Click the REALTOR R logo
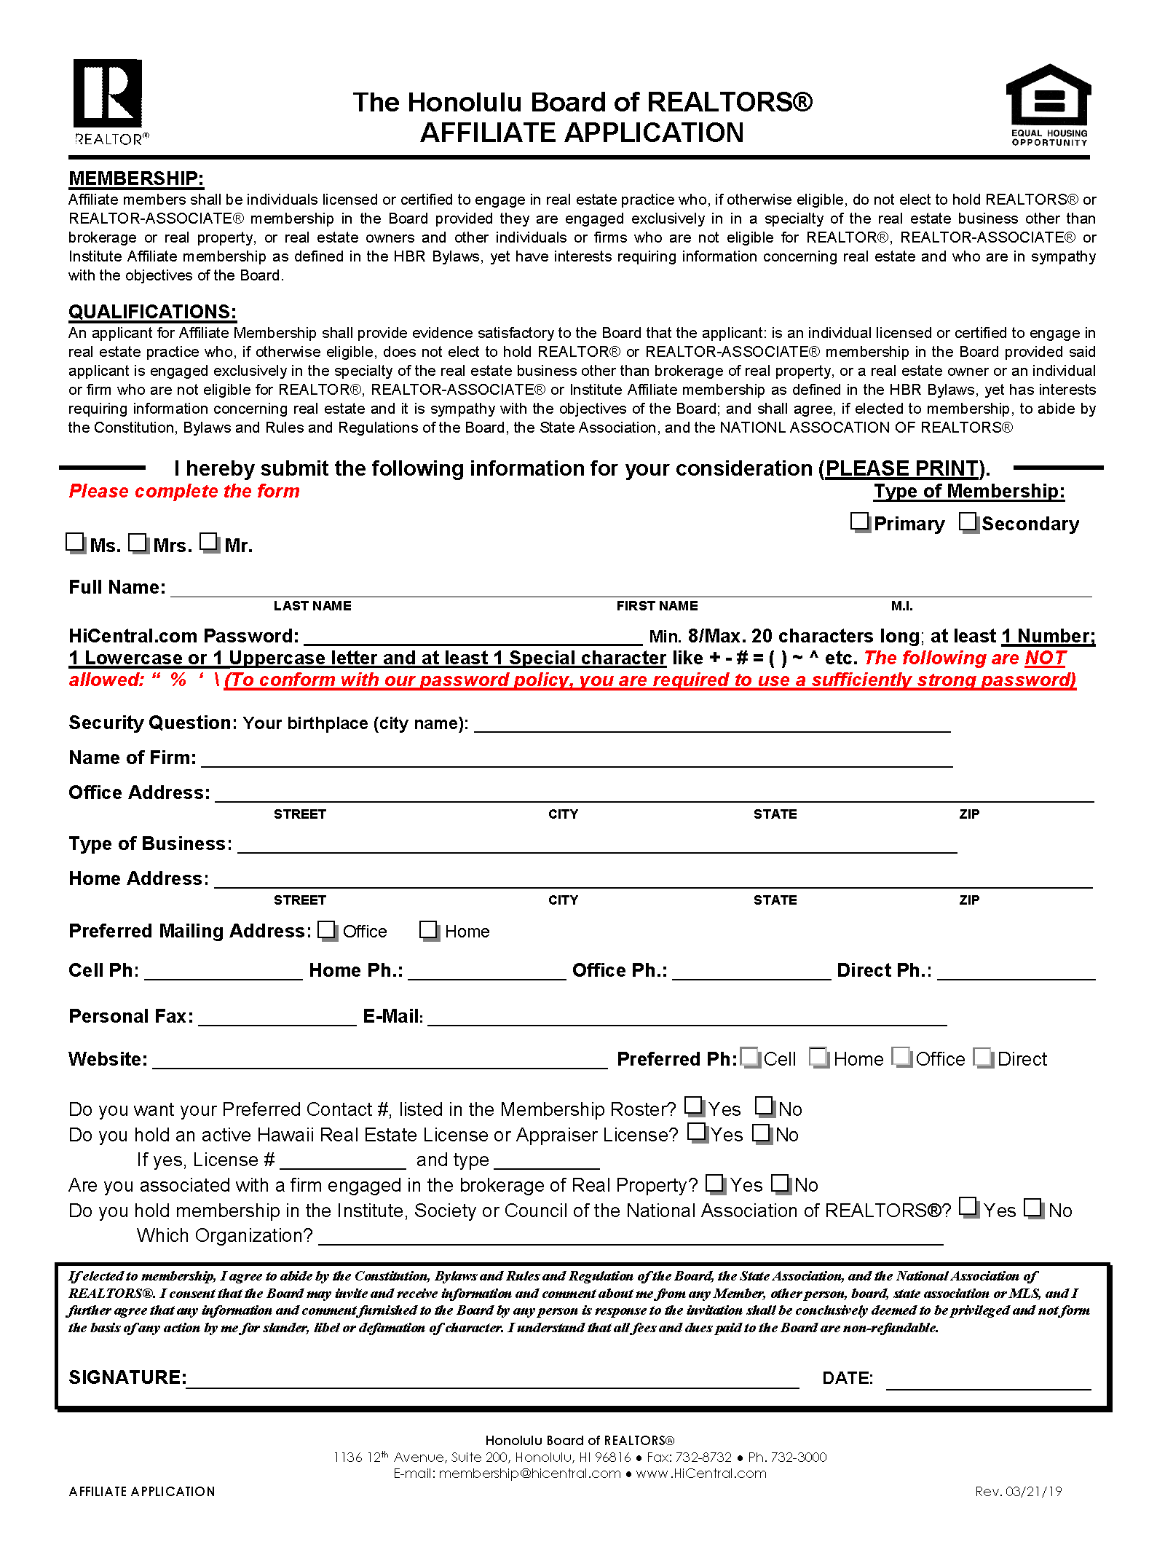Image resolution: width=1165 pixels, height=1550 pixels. tap(108, 94)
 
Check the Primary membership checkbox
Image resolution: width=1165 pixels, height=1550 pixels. tap(860, 522)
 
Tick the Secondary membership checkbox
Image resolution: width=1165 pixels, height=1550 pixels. tap(968, 522)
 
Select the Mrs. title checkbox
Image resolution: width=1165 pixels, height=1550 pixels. tap(138, 543)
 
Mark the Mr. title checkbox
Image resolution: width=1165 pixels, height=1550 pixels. tap(209, 543)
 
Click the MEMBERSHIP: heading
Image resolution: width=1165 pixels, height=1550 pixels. tap(136, 178)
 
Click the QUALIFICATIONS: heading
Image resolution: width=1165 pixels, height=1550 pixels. tap(152, 312)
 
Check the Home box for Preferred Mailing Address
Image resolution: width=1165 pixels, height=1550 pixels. tap(429, 930)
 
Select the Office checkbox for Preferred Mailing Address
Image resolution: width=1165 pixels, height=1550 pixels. tap(327, 930)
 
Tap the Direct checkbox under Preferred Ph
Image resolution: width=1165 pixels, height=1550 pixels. tap(983, 1057)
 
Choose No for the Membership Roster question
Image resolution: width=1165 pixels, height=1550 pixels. tap(765, 1106)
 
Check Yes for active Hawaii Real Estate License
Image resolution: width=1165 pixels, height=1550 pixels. tap(697, 1132)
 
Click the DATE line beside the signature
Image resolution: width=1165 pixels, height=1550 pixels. tap(988, 1382)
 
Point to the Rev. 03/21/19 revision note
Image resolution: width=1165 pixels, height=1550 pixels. tap(1018, 1491)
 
